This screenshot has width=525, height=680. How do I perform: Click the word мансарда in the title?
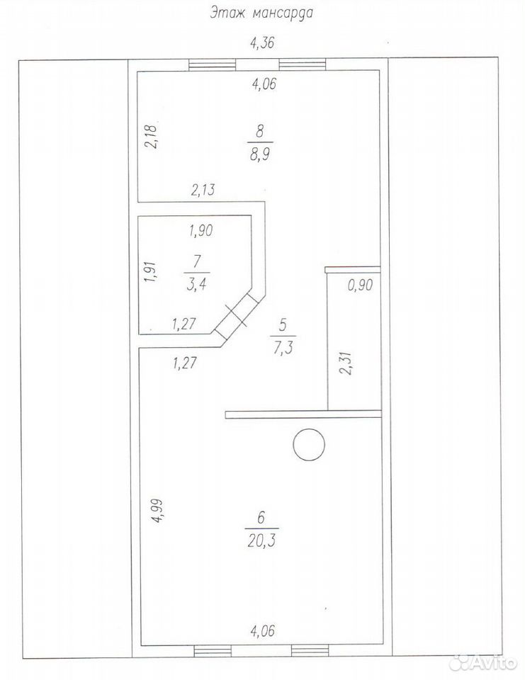pos(282,13)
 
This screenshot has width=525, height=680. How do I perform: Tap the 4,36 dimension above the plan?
pos(262,43)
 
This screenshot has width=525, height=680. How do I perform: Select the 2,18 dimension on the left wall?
pos(153,136)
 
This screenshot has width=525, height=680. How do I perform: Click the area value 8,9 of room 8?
pos(260,154)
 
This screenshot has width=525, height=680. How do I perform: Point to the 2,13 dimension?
pos(203,190)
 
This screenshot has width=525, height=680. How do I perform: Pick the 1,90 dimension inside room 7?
pos(201,230)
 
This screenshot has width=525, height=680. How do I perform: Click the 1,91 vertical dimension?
pos(150,271)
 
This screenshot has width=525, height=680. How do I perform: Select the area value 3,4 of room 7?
pos(197,285)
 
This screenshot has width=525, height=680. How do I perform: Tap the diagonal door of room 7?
pos(237,314)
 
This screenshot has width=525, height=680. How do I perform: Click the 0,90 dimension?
pos(360,285)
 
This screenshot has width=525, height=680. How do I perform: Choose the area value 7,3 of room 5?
pos(283,348)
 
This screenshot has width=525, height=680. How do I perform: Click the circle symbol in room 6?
pos(310,445)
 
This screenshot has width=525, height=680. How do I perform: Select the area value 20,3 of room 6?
pos(262,540)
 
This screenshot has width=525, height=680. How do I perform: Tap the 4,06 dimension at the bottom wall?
pos(263,630)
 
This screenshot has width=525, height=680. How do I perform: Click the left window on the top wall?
pos(213,64)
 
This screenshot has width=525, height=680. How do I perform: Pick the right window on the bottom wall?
pos(310,650)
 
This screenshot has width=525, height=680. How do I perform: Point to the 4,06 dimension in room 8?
pos(264,84)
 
